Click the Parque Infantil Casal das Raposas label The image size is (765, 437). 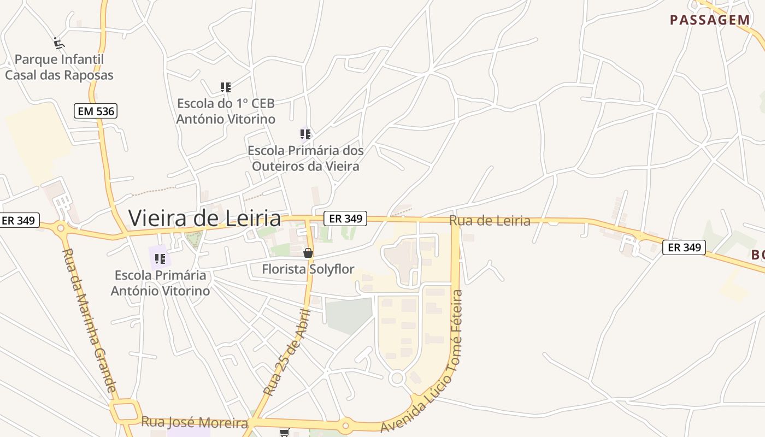pos(59,67)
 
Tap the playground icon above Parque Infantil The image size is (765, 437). pos(59,42)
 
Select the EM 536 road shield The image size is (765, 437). pos(96,111)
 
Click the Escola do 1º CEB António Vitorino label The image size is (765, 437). pos(226,111)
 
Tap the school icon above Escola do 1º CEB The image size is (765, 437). pos(225,87)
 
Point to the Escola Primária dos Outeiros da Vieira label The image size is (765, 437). pos(305,158)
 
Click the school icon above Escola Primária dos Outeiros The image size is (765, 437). pos(305,134)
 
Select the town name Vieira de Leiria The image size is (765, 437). pos(204,218)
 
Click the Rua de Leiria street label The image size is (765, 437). pos(490,221)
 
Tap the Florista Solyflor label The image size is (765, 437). pos(308,269)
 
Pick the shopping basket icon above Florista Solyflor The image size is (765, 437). pos(308,252)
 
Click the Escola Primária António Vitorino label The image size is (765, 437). pos(160,283)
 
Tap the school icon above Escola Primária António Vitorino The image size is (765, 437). pos(160,258)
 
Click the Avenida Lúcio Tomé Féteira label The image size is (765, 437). pos(432,361)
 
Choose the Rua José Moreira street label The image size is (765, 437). pos(195,422)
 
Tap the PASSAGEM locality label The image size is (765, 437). pos(710,20)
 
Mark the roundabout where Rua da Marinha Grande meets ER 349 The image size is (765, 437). pos(61,228)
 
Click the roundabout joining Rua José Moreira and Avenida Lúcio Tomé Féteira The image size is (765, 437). pos(345,424)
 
